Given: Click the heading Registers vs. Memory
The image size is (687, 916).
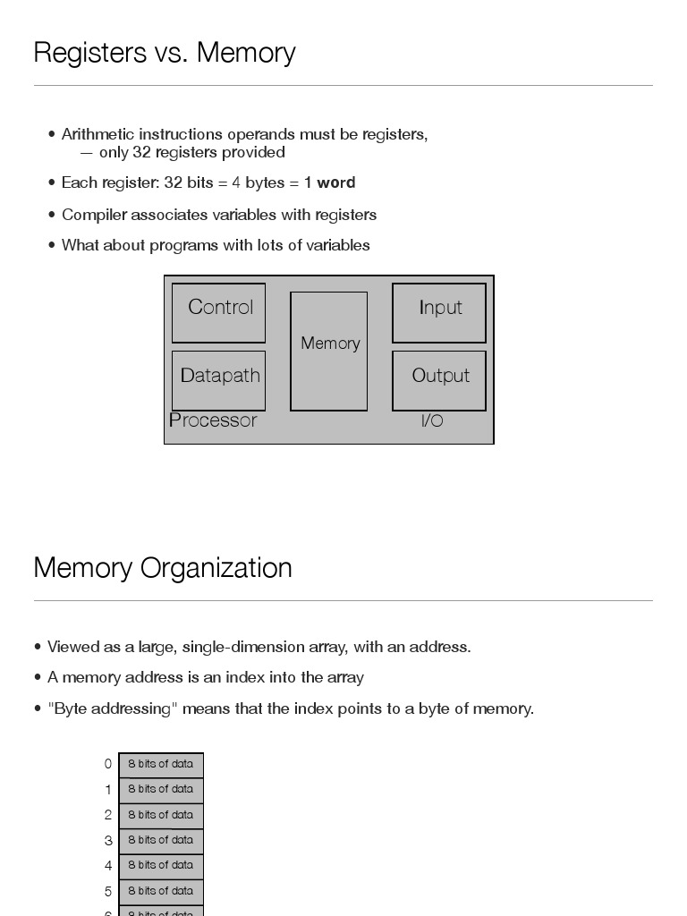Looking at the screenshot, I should coord(165,53).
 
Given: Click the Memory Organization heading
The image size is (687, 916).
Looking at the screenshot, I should coord(163,568).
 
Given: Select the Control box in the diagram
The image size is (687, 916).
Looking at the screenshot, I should coord(218,312).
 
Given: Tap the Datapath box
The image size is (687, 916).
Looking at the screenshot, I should coord(218,379).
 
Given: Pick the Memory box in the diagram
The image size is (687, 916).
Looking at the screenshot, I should coord(329,351).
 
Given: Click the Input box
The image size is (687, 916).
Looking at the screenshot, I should coord(439,312).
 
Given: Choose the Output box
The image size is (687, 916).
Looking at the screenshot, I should coord(439,379).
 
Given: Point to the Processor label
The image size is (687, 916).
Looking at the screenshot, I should coord(213,420).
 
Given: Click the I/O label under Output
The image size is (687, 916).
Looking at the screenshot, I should coord(432,420).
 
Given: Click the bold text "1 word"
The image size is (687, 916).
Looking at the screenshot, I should coord(330,182).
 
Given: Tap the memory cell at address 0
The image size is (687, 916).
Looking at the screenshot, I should coord(161,765).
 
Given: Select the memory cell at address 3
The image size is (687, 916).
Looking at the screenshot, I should coord(161,841).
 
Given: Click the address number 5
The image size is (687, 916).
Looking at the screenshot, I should coord(108,892).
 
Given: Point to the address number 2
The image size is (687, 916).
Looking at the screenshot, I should coord(108,815).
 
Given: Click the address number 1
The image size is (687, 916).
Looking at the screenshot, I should coord(108,790).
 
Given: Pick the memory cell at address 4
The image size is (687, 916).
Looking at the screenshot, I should coord(161,866).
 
